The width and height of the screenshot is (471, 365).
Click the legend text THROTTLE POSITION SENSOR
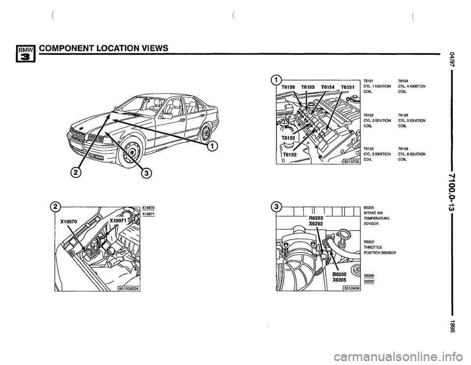point(380,250)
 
